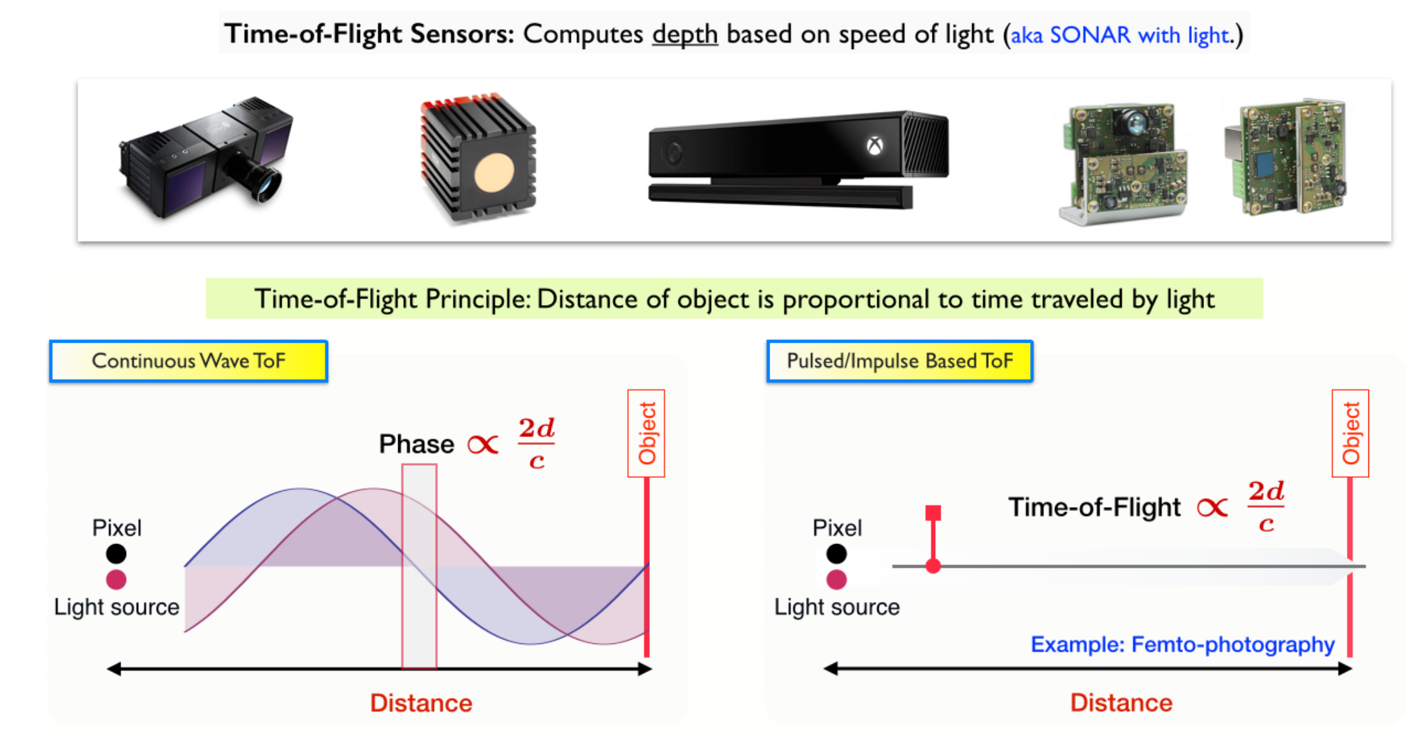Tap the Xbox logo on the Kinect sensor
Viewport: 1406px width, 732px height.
click(x=875, y=146)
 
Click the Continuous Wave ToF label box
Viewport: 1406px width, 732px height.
click(x=189, y=361)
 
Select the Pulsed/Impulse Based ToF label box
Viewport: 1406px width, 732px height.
click(x=900, y=361)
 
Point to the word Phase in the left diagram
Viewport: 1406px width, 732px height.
click(x=417, y=444)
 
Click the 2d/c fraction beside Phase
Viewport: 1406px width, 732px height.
click(x=536, y=443)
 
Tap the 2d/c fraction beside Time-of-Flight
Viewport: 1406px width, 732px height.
click(x=1266, y=506)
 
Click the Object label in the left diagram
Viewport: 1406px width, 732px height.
click(x=647, y=433)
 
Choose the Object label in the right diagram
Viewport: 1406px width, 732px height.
click(x=1351, y=433)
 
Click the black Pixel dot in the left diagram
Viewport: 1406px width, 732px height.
click(x=116, y=554)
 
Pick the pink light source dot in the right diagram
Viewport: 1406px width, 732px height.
click(x=836, y=580)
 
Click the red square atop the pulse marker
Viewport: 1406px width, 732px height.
click(x=933, y=513)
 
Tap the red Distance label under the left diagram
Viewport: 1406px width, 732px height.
click(x=421, y=703)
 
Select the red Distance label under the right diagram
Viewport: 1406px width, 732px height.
click(x=1121, y=703)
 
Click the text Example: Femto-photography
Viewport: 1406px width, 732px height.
click(x=1182, y=645)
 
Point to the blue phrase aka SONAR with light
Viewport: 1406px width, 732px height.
click(x=1120, y=35)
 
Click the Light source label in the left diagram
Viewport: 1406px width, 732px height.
click(x=117, y=607)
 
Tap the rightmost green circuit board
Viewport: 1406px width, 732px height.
click(x=1286, y=157)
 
